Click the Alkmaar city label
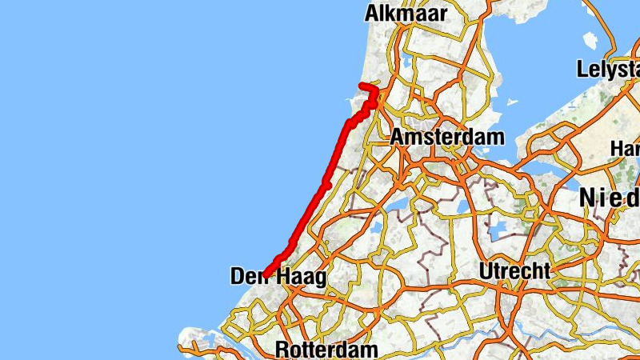pos(406,13)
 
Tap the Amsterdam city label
pos(447,137)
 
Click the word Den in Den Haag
pos(248,277)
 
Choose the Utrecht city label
pos(514,270)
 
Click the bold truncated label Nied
pos(609,197)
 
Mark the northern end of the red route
pos(362,85)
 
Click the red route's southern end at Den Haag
pos(264,274)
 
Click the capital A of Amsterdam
pos(398,137)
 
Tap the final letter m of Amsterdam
pos(496,137)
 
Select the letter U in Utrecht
pos(486,270)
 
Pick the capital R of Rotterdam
pos(282,350)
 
